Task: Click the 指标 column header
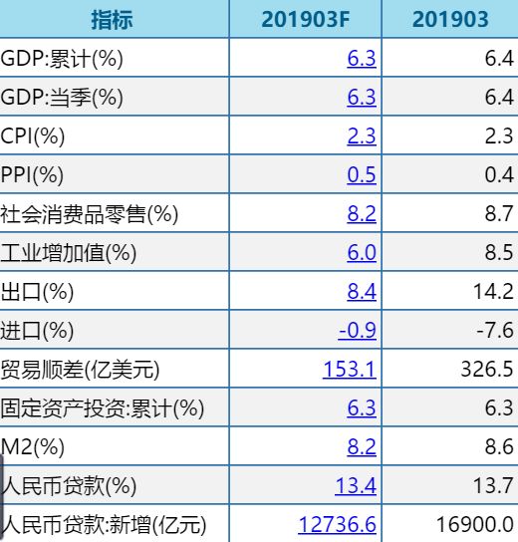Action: tap(112, 20)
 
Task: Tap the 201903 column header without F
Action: tap(450, 20)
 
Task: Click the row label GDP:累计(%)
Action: tap(62, 59)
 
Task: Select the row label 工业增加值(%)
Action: tap(69, 253)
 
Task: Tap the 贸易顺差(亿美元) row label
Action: tap(81, 370)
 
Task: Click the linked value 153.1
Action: tap(350, 370)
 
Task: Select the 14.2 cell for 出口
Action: tap(495, 292)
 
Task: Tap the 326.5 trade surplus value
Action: tap(488, 370)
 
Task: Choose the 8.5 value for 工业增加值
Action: tap(499, 253)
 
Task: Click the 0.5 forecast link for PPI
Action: tap(362, 175)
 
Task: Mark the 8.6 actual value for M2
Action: tap(499, 447)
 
